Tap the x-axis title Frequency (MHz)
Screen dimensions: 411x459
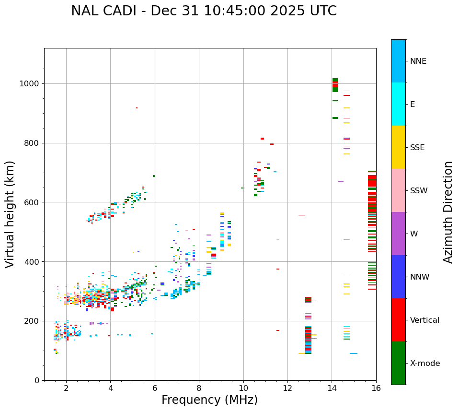click(x=209, y=400)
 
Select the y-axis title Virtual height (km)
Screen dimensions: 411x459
click(x=10, y=214)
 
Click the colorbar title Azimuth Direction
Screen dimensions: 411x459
click(x=448, y=212)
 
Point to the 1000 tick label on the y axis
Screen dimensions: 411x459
click(x=30, y=84)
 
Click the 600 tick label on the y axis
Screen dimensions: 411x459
click(x=32, y=202)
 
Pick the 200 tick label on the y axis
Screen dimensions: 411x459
click(x=32, y=321)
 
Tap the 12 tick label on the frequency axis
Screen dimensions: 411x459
click(x=287, y=388)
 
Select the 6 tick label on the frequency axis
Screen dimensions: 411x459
click(x=155, y=388)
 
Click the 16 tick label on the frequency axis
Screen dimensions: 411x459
click(x=376, y=388)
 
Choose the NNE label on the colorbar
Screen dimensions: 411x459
click(x=418, y=61)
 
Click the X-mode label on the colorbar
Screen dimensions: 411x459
click(x=425, y=364)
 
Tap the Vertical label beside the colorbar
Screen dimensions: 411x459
click(x=425, y=320)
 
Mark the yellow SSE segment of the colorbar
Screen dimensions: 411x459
click(x=398, y=147)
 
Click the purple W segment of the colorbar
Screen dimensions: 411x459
click(x=398, y=234)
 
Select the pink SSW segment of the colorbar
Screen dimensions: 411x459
click(x=398, y=190)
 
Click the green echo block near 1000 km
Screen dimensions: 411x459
click(x=335, y=85)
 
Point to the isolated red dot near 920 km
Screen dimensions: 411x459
click(x=137, y=108)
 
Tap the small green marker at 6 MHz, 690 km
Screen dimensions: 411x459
click(x=154, y=176)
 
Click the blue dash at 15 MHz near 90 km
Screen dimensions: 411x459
click(x=353, y=353)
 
